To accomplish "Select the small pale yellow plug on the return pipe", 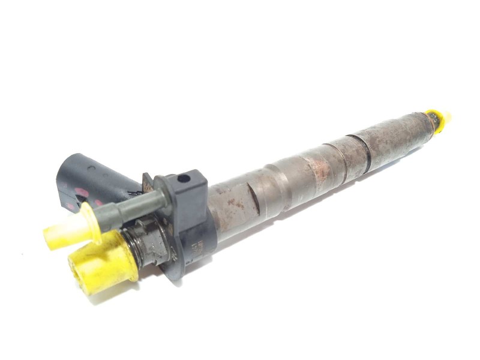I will (x=65, y=231).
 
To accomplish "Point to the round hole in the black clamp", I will (x=185, y=178).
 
